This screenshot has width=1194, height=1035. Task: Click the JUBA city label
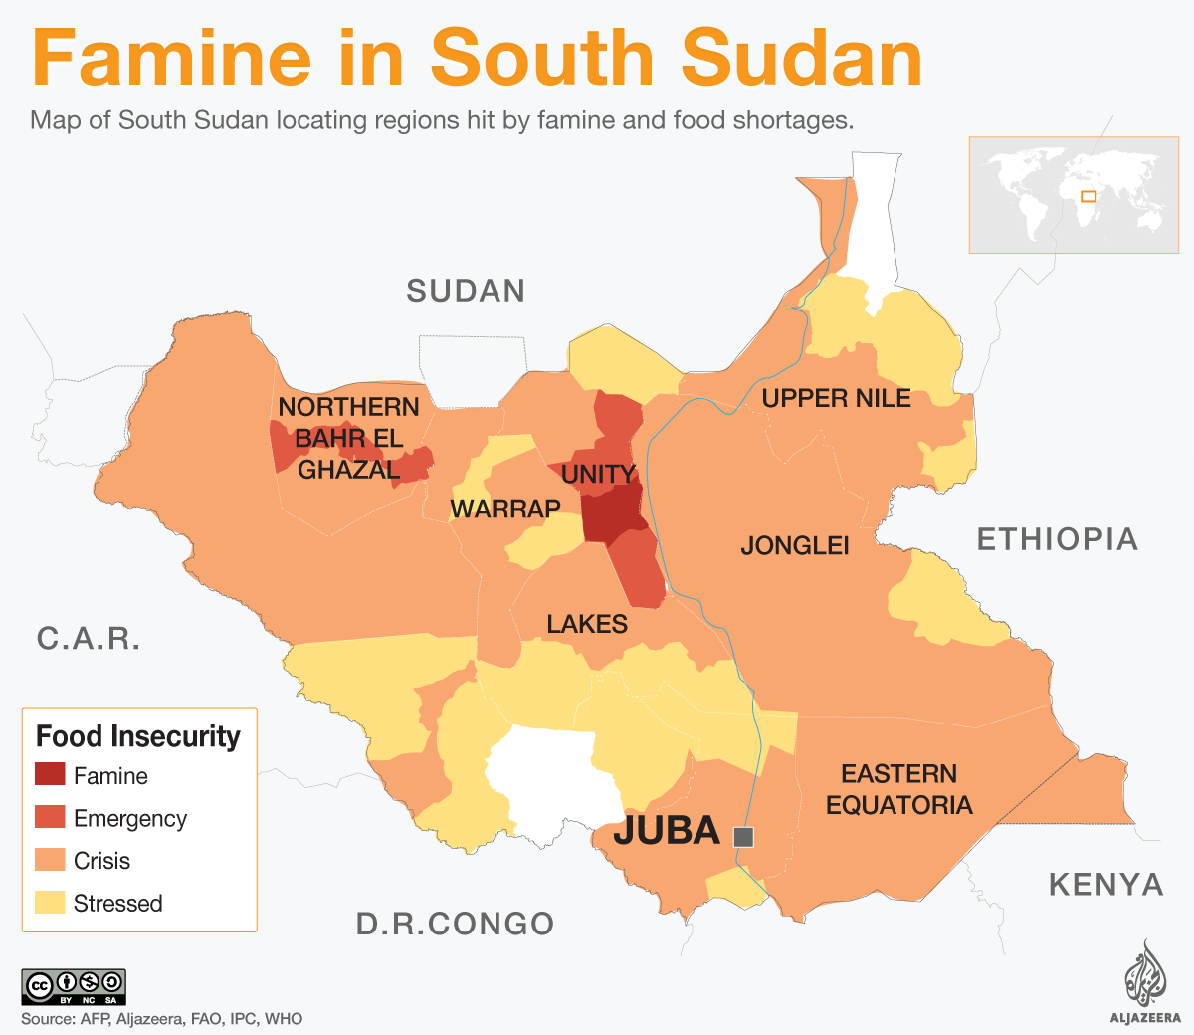[666, 830]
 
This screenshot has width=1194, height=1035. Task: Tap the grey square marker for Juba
[743, 837]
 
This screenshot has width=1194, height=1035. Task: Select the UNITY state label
[597, 475]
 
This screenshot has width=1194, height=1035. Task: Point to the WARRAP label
[505, 510]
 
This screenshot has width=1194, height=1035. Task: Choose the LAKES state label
[587, 624]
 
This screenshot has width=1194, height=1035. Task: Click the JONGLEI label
[795, 545]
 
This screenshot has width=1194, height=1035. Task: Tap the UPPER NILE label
[836, 398]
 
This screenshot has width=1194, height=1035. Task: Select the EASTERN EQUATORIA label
[898, 789]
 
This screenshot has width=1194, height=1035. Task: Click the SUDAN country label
[466, 291]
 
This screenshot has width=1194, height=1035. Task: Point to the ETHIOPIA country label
[1057, 539]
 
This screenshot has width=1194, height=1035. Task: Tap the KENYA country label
[1105, 885]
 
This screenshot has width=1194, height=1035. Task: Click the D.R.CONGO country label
[455, 924]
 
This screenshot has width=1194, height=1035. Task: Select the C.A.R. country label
[89, 639]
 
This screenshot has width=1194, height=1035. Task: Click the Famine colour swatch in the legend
[50, 774]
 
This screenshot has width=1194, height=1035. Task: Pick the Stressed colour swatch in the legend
[50, 902]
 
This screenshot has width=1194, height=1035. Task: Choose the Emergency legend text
[130, 818]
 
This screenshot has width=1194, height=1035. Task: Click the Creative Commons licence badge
[74, 986]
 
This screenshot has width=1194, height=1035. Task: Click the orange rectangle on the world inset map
[1089, 196]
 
